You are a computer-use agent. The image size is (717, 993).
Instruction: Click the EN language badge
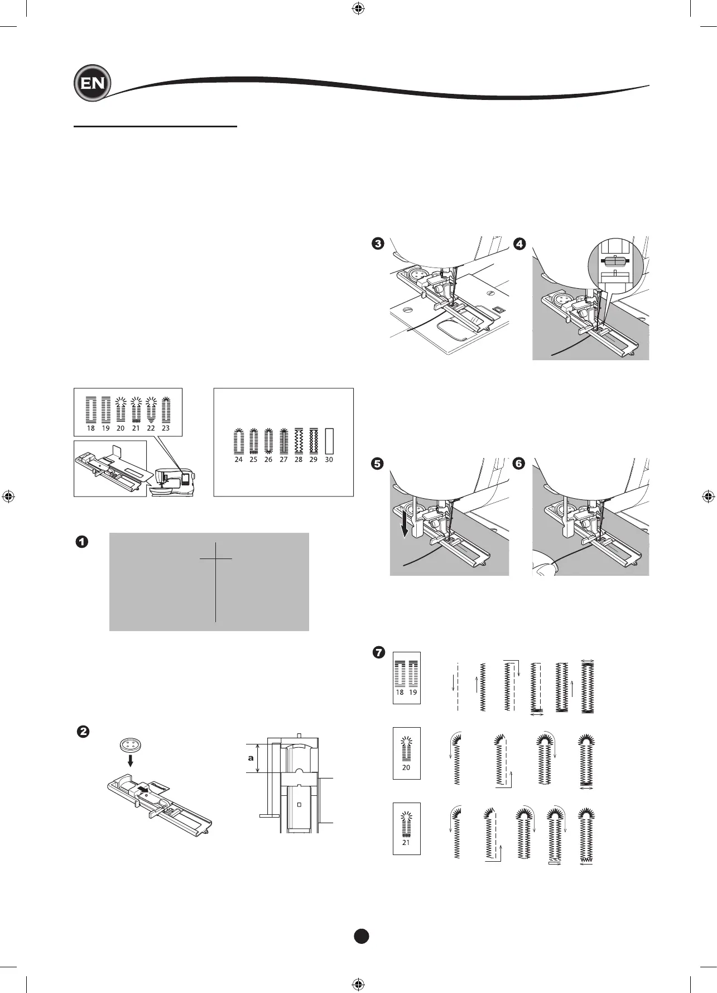tap(92, 84)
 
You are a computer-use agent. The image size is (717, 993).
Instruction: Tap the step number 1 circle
tap(82, 542)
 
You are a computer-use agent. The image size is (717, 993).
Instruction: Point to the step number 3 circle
tap(378, 244)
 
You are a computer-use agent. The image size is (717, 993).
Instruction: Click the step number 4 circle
tap(519, 244)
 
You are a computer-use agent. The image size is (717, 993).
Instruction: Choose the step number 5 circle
tap(378, 464)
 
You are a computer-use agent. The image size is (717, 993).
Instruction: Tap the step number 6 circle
tap(519, 464)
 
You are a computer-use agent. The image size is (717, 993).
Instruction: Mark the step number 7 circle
tap(378, 652)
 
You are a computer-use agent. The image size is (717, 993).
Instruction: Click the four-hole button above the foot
tap(129, 746)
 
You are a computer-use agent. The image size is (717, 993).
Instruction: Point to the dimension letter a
tap(251, 758)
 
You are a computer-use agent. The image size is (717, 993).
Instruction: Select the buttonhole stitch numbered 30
tap(329, 441)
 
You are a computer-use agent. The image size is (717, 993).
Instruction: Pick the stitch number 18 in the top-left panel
tap(91, 428)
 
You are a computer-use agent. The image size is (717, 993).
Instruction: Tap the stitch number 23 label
tap(166, 428)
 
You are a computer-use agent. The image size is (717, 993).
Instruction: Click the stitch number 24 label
tap(239, 460)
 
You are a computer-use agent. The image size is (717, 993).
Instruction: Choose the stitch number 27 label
tap(283, 460)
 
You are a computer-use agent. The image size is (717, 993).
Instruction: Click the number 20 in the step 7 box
tap(406, 767)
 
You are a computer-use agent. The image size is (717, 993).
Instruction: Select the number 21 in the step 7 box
tap(406, 842)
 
